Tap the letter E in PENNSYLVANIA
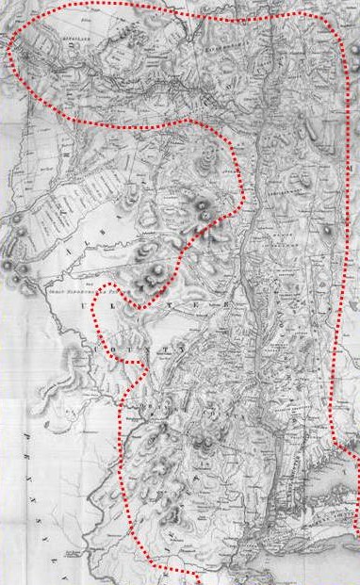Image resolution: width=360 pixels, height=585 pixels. [x=30, y=461]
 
